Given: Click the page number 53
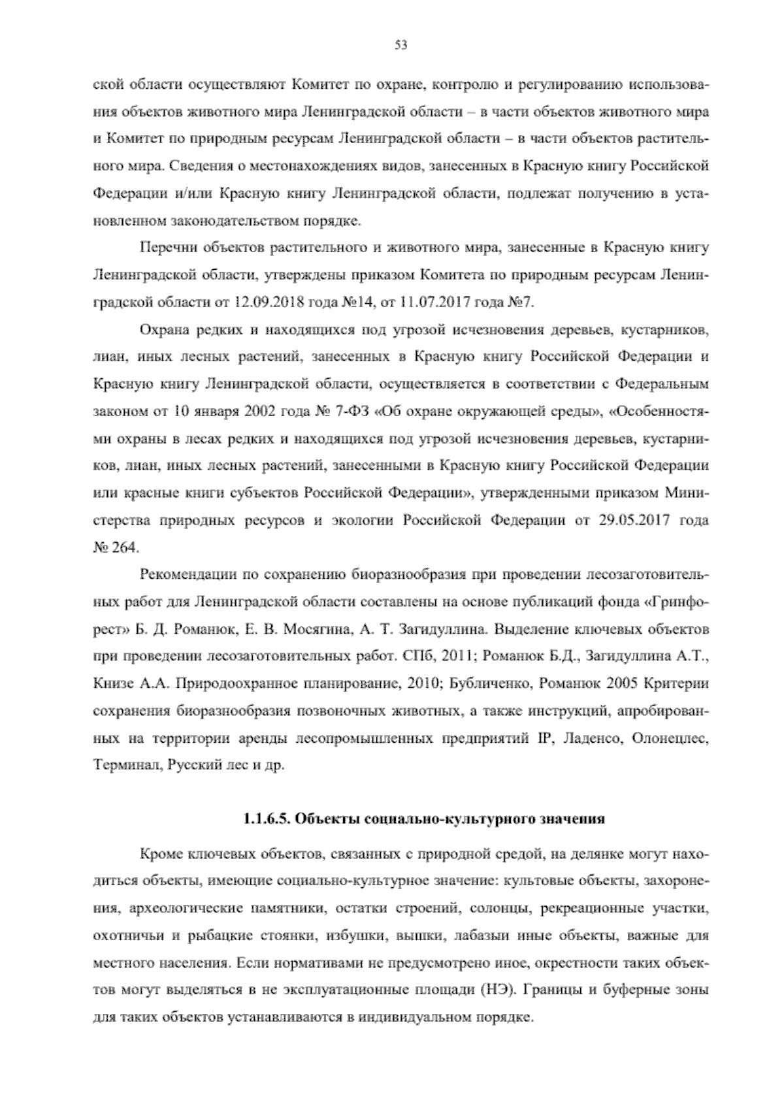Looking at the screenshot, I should [x=401, y=44].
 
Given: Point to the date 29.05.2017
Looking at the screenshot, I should [x=629, y=521].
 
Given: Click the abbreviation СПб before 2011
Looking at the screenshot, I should [x=410, y=657].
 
